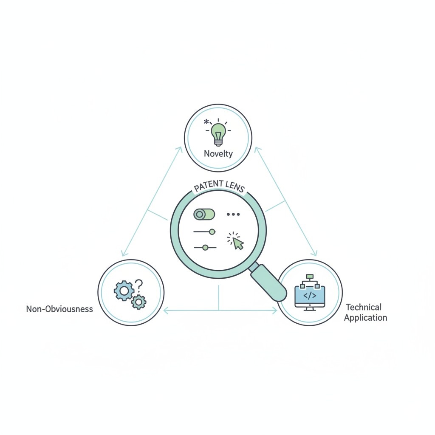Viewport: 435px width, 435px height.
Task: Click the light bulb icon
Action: click(x=218, y=134)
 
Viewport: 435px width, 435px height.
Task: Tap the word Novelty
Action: click(x=218, y=154)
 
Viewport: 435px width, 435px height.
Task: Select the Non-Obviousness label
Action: click(x=59, y=309)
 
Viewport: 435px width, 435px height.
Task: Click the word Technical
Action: click(x=364, y=307)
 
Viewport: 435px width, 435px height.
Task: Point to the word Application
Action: click(x=365, y=318)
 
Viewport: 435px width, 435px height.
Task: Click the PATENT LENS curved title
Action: click(x=219, y=186)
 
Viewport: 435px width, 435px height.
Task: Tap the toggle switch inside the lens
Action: click(x=204, y=215)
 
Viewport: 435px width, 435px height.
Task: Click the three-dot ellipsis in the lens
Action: click(x=233, y=214)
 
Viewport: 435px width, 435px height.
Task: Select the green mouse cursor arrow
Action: click(x=238, y=243)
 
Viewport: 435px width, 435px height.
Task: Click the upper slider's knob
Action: click(x=212, y=232)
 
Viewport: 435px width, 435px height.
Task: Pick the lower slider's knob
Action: click(x=205, y=248)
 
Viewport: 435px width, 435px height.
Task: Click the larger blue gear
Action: click(x=124, y=291)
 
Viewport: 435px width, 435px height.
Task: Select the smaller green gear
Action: click(x=139, y=302)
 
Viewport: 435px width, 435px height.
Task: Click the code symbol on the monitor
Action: click(x=310, y=296)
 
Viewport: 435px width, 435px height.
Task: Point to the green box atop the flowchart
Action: click(x=310, y=276)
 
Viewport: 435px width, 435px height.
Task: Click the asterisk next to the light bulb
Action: click(x=206, y=121)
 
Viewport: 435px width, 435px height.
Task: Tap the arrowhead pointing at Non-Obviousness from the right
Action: click(x=166, y=311)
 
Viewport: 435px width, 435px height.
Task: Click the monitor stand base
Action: click(x=310, y=310)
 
